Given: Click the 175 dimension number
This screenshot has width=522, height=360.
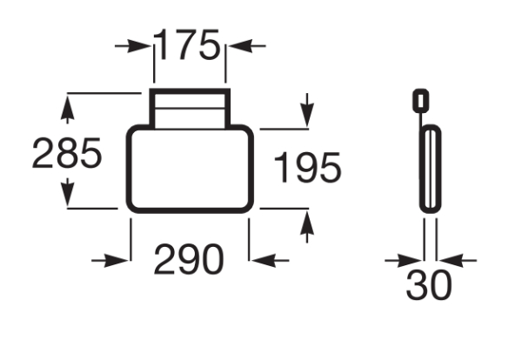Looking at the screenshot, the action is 186,44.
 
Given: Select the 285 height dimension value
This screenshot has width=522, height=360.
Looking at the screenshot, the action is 67,153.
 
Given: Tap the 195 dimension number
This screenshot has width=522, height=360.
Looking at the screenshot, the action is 307,167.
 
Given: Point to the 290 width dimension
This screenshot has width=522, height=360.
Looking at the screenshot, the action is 189,259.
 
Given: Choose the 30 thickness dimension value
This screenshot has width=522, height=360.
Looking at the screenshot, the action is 429,285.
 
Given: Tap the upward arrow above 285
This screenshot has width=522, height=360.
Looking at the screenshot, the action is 68,110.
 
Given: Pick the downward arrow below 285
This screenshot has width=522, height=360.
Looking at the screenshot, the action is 68,192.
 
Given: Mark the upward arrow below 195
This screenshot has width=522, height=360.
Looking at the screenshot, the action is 307,227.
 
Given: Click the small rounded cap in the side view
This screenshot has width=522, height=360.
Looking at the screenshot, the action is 421,100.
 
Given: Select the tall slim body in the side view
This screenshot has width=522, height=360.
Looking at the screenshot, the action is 430,169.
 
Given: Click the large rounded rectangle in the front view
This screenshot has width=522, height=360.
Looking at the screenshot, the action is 190,169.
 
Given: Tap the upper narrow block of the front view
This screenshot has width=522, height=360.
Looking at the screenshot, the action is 190,109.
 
